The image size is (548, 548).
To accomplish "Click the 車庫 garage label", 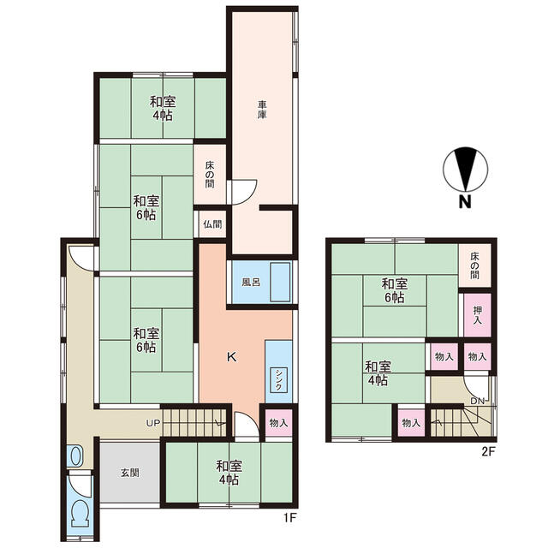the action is pos(262,110).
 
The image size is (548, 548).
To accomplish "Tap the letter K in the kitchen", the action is pos(232,357).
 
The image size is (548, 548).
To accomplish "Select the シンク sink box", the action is pos(278,380).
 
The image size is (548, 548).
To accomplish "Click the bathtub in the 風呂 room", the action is pos(280,282).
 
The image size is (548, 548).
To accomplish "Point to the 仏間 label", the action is pos(212,223).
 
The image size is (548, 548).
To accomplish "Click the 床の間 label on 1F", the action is pos(210,175).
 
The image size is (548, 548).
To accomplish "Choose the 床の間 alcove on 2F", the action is pos(474,265).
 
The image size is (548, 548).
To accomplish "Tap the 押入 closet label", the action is pos(477,315).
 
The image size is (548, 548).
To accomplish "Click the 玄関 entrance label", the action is pos(130,473).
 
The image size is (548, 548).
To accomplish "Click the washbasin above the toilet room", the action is pos(75,456).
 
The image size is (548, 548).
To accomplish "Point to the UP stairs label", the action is pos(153,423).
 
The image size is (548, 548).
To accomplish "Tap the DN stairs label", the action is pos(478,401).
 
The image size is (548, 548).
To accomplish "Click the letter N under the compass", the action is pos(465,202).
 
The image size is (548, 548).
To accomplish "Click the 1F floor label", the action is pos(289,517).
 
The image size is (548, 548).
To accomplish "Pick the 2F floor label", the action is pos(489,452).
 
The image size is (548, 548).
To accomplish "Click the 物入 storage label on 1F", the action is pos(278,423).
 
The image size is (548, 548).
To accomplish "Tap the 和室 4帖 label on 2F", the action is pos(378,373).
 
